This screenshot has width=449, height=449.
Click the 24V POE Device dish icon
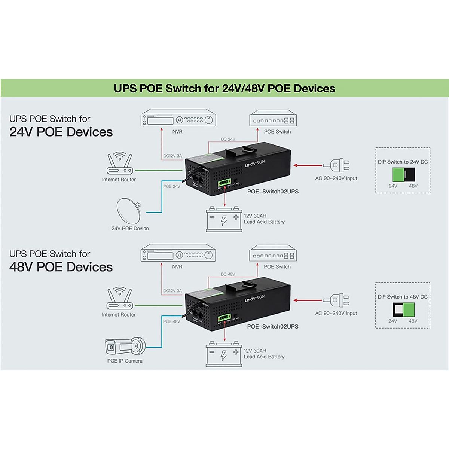tap(129, 210)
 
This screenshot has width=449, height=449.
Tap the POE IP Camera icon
tap(125, 346)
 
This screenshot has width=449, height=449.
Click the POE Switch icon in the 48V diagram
tap(273, 254)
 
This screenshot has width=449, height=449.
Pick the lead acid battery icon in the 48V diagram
tap(224, 354)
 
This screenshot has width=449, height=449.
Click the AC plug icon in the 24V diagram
tap(337, 165)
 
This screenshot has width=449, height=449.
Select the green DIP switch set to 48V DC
tap(409, 310)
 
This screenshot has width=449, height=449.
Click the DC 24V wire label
tap(228, 139)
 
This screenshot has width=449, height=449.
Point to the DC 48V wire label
tap(228, 274)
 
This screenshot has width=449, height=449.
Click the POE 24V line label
tap(171, 186)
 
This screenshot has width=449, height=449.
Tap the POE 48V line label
tap(171, 321)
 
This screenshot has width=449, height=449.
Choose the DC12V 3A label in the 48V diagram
tap(172, 291)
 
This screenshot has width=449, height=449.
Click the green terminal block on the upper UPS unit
tap(224, 183)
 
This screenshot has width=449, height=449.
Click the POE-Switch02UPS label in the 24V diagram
tap(273, 192)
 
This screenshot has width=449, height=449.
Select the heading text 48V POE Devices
tap(61, 267)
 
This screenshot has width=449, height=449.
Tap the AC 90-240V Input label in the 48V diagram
tap(336, 313)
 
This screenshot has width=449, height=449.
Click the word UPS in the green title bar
tap(125, 89)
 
